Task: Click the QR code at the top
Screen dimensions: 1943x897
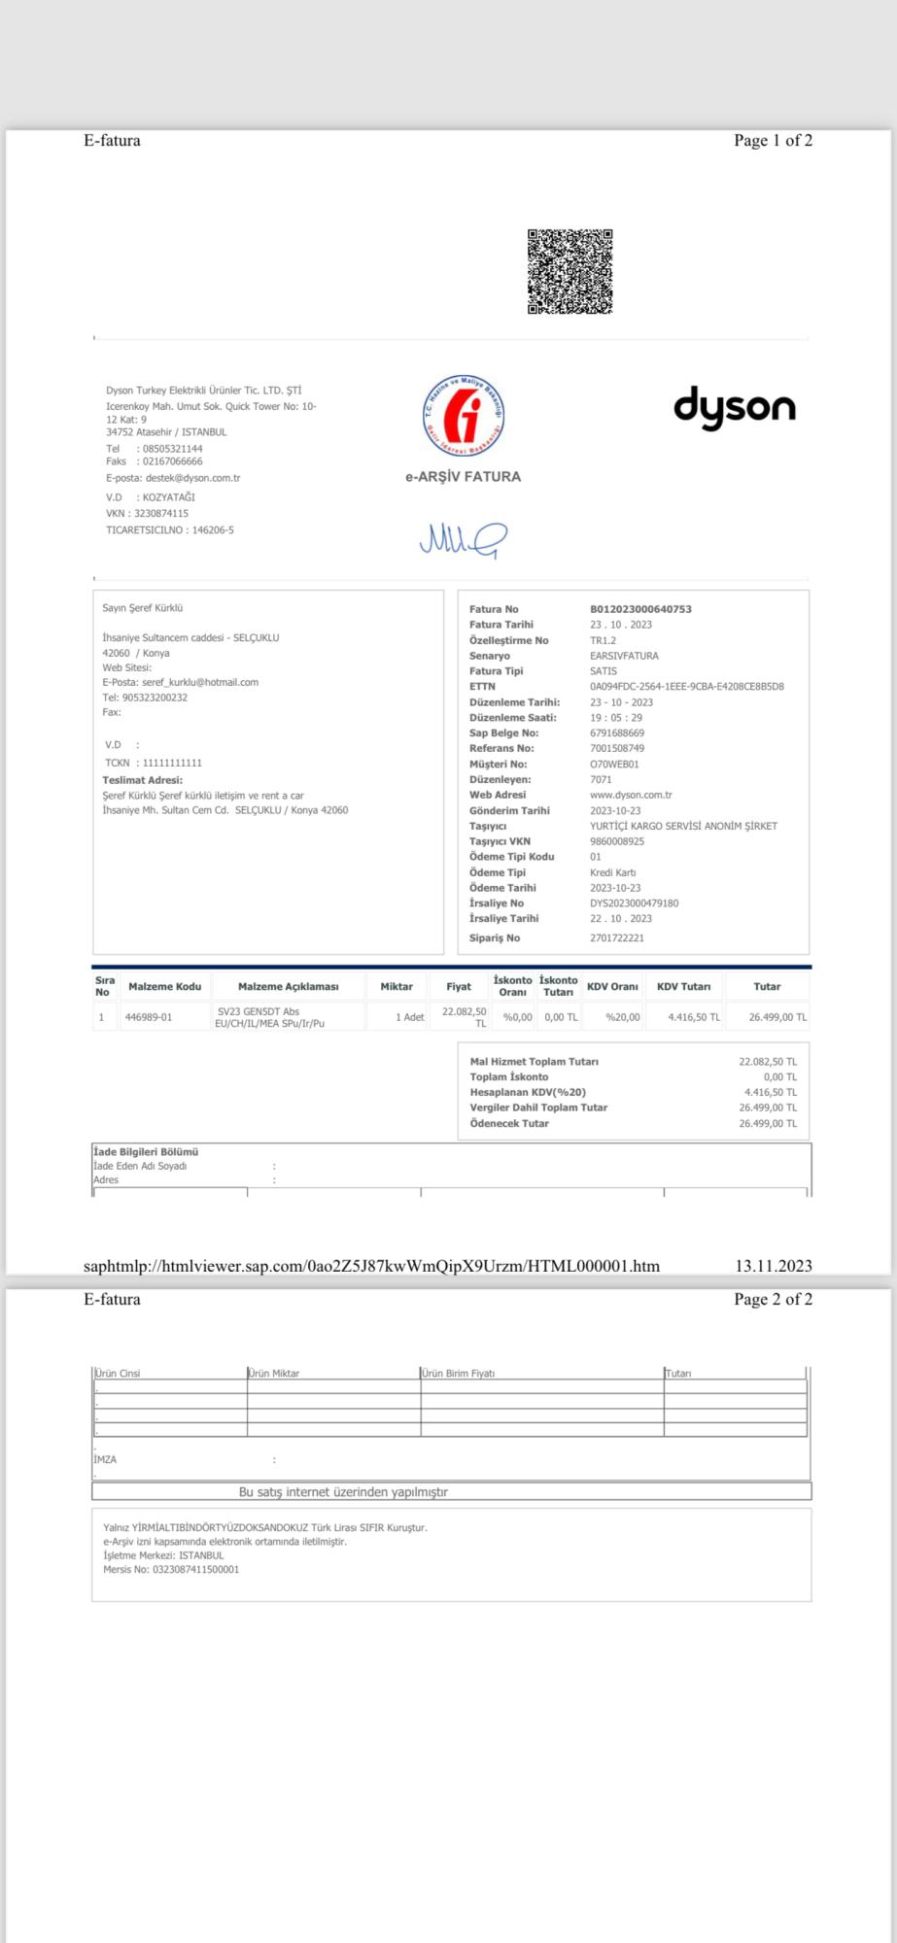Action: pyautogui.click(x=569, y=272)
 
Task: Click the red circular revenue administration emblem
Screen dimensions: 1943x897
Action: pyautogui.click(x=464, y=415)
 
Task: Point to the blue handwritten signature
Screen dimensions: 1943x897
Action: pyautogui.click(x=463, y=539)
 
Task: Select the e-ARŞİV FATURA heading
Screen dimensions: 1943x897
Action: pyautogui.click(x=463, y=477)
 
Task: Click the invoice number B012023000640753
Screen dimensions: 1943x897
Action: pyautogui.click(x=640, y=609)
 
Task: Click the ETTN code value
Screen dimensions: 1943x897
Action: pyautogui.click(x=686, y=686)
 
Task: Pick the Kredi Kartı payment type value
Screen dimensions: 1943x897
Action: pyautogui.click(x=612, y=872)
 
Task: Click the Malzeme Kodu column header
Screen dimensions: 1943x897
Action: pyautogui.click(x=164, y=986)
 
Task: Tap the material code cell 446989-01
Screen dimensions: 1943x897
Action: pyautogui.click(x=149, y=1017)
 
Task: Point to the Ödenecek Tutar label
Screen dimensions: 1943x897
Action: pyautogui.click(x=509, y=1123)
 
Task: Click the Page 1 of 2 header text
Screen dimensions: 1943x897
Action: pyautogui.click(x=773, y=140)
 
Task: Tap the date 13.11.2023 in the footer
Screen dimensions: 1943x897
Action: pyautogui.click(x=773, y=1266)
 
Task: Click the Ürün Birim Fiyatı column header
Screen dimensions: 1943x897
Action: pyautogui.click(x=459, y=1373)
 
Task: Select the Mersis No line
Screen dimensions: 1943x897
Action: pyautogui.click(x=171, y=1569)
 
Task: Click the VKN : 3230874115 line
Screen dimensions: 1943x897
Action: pyautogui.click(x=148, y=513)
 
